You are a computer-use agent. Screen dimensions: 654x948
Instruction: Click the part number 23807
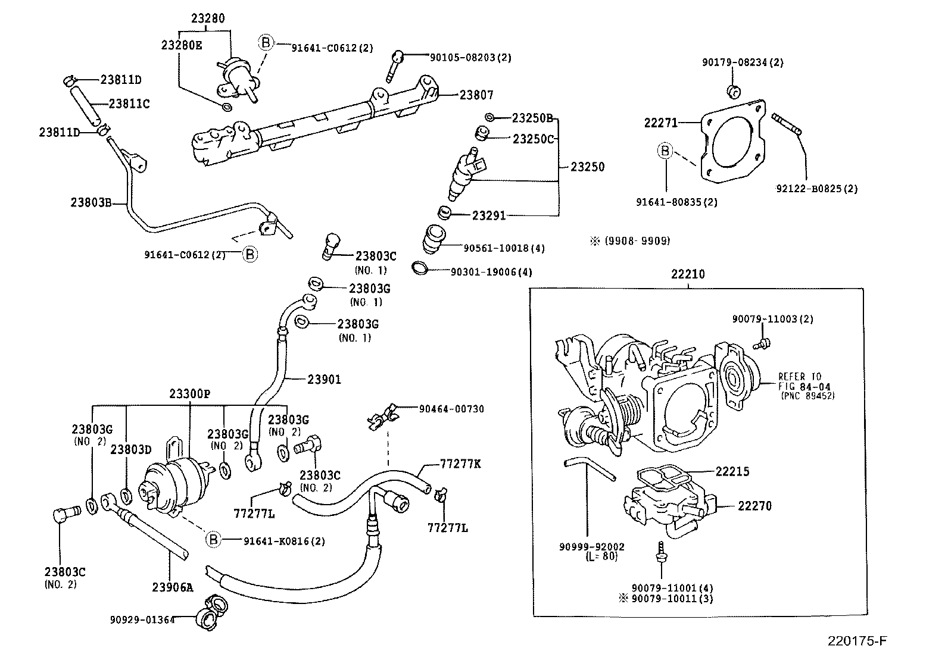(x=476, y=95)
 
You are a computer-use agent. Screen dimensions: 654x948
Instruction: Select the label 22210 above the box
(x=687, y=274)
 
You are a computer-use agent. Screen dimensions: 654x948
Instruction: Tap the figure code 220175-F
(x=857, y=641)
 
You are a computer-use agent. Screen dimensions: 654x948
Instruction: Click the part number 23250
(x=587, y=167)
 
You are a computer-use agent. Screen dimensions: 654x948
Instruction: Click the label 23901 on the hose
(x=325, y=379)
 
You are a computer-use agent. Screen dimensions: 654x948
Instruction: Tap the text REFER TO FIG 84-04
(x=799, y=381)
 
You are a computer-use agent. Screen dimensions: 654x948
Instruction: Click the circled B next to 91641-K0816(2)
(x=213, y=540)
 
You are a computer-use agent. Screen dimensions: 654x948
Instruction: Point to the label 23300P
(x=189, y=394)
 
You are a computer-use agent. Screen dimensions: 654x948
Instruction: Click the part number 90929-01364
(x=142, y=619)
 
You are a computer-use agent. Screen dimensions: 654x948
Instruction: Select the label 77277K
(x=460, y=464)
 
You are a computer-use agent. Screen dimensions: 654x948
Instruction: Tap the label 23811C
(x=129, y=104)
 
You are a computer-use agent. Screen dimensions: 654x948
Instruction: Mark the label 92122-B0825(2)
(x=816, y=189)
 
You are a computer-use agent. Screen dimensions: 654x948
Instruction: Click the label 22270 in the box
(x=754, y=506)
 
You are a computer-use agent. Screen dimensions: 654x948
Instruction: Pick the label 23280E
(x=182, y=45)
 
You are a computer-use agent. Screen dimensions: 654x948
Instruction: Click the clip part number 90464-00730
(x=451, y=409)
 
